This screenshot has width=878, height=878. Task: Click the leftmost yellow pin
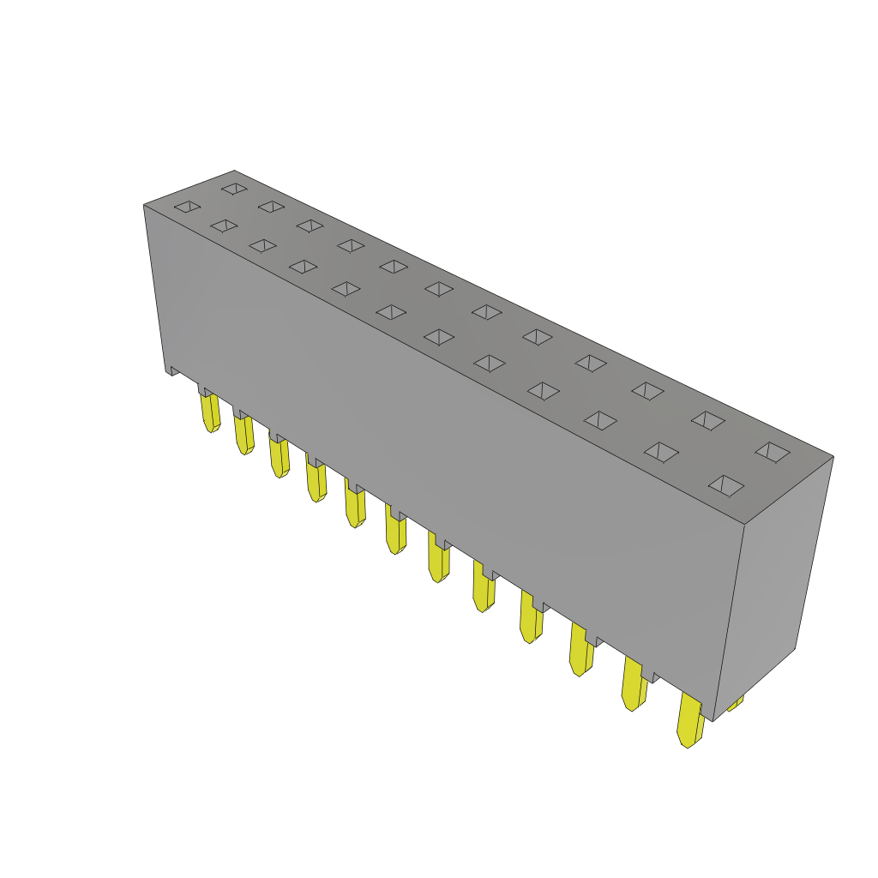(x=210, y=412)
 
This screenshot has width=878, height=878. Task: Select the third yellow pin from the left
(x=279, y=457)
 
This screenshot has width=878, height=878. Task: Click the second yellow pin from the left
(x=244, y=435)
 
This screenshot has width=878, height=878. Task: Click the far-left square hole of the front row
(x=187, y=207)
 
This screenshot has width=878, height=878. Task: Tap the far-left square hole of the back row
(x=234, y=189)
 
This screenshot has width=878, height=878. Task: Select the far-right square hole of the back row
(x=773, y=452)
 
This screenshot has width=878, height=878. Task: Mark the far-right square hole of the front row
(x=726, y=485)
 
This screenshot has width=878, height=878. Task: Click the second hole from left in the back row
(x=271, y=207)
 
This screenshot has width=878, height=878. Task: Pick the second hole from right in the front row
(x=661, y=452)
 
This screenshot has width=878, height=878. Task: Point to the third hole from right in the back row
(x=647, y=391)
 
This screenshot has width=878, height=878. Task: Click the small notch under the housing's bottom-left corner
(x=173, y=370)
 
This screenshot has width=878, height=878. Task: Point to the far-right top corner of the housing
(x=833, y=456)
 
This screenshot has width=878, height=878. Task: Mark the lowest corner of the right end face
(x=713, y=720)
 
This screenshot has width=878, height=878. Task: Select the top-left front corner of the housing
(x=144, y=205)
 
